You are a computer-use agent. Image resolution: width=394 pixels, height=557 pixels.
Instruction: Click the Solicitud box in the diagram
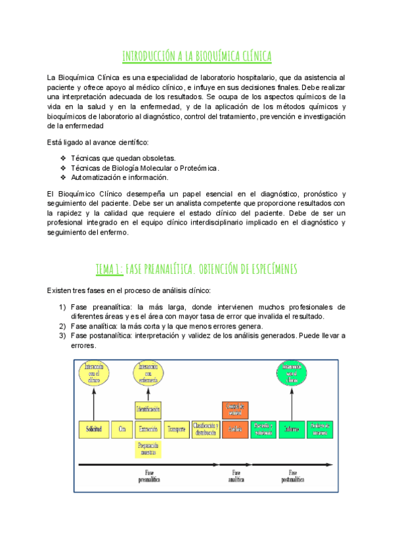click(x=93, y=429)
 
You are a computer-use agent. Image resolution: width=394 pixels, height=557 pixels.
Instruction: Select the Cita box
click(x=121, y=429)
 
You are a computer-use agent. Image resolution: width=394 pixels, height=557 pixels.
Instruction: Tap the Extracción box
click(x=148, y=429)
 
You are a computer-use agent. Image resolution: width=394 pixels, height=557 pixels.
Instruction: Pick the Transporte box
click(x=177, y=429)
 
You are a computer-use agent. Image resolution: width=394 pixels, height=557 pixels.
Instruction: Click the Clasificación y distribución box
click(x=206, y=429)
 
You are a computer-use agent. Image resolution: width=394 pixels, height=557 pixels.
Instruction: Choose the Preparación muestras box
click(x=148, y=449)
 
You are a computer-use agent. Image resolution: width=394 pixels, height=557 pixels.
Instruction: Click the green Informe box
click(x=292, y=429)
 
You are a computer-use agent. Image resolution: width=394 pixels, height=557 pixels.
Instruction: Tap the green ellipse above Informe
click(x=292, y=374)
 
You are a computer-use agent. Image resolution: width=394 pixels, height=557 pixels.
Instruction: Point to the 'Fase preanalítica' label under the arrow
click(x=150, y=476)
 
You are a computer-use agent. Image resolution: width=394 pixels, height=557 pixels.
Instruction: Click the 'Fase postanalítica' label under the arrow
click(x=293, y=476)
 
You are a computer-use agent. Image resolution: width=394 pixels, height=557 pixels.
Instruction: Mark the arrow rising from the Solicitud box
click(x=93, y=402)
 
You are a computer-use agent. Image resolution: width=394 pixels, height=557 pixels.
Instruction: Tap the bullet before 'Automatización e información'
click(x=63, y=177)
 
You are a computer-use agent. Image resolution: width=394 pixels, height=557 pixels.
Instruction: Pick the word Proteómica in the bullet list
click(x=199, y=168)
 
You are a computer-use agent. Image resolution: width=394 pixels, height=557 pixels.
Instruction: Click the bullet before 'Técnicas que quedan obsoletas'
click(x=63, y=159)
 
